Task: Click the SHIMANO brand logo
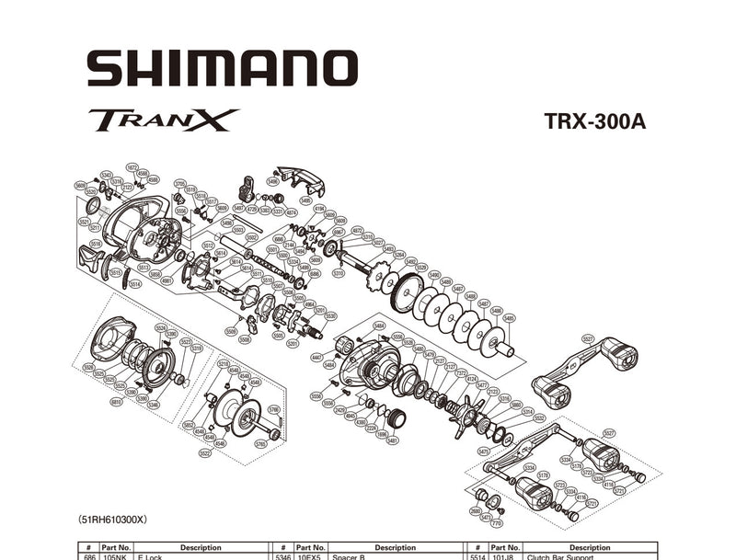click(x=222, y=69)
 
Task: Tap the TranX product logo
click(x=164, y=120)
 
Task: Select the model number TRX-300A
click(x=594, y=122)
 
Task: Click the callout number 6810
click(x=116, y=401)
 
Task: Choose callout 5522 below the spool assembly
click(x=204, y=452)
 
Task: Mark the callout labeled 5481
click(x=393, y=440)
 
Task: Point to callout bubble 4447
click(x=316, y=357)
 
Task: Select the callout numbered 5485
click(x=509, y=318)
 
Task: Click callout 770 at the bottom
click(x=497, y=524)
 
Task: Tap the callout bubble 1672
click(x=132, y=167)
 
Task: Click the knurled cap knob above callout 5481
click(x=397, y=419)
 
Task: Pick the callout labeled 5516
click(x=95, y=244)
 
